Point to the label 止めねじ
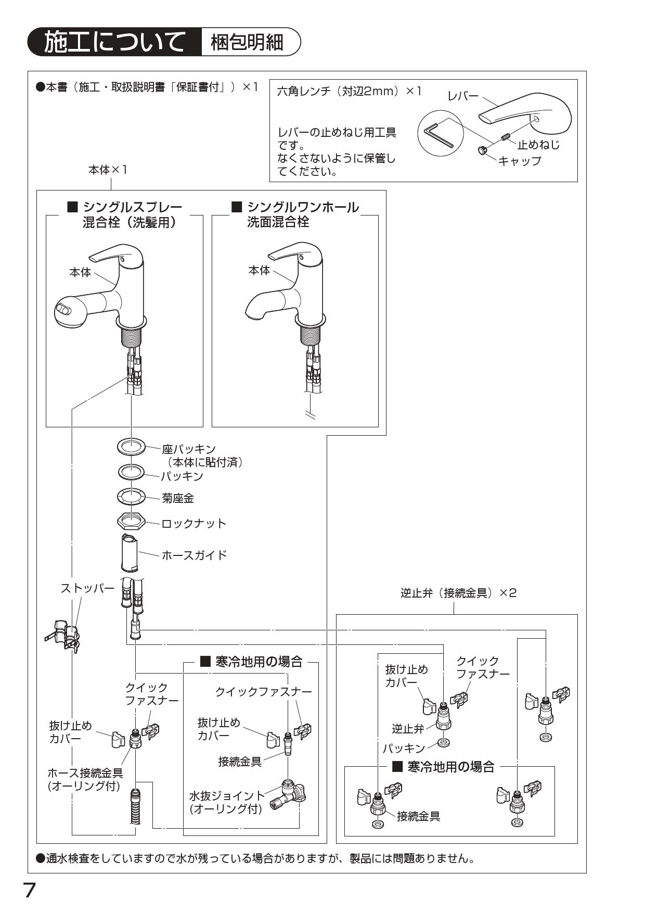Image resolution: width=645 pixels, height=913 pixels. click(x=539, y=145)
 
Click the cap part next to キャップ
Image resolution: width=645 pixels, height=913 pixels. click(x=482, y=150)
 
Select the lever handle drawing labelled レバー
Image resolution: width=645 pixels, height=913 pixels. click(x=525, y=109)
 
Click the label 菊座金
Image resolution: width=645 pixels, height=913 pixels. click(x=178, y=498)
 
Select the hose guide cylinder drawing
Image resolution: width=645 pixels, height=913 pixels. click(x=129, y=554)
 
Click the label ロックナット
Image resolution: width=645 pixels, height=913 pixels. click(x=194, y=523)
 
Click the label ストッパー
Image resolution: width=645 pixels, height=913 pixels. click(x=87, y=589)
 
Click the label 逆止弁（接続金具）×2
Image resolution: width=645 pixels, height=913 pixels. click(x=458, y=593)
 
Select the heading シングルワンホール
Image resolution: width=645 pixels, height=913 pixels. click(x=303, y=207)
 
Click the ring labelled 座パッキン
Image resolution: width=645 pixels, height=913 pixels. click(x=131, y=447)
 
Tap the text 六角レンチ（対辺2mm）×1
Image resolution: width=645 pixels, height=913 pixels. click(x=349, y=91)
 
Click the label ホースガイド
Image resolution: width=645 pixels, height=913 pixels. click(x=194, y=555)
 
